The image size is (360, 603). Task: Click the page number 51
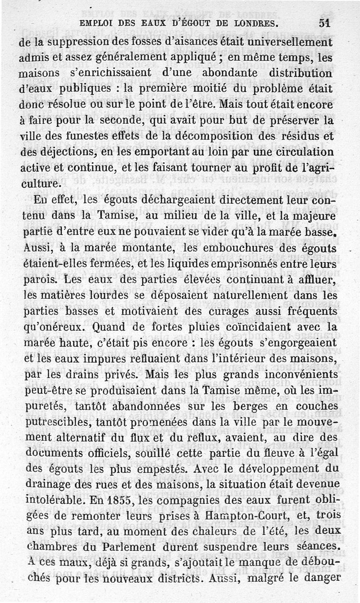(x=324, y=23)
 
